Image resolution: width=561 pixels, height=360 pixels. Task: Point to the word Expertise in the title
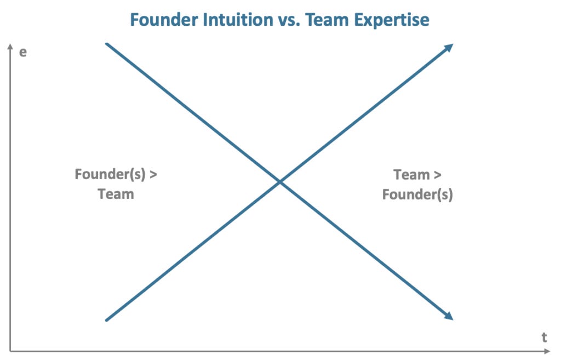pos(391,20)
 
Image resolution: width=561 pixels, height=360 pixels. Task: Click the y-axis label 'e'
pos(23,54)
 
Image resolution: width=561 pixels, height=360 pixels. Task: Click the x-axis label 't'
pos(544,338)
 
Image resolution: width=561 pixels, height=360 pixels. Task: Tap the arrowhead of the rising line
pos(450,47)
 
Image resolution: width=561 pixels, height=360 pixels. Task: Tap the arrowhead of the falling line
pos(450,316)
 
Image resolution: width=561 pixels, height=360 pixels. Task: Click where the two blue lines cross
pos(279,181)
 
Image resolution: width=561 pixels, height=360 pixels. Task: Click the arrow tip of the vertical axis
pos(10,45)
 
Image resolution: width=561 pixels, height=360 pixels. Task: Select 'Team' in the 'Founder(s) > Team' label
pos(116,194)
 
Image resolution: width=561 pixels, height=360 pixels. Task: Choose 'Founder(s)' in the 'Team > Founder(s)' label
pos(417,195)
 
